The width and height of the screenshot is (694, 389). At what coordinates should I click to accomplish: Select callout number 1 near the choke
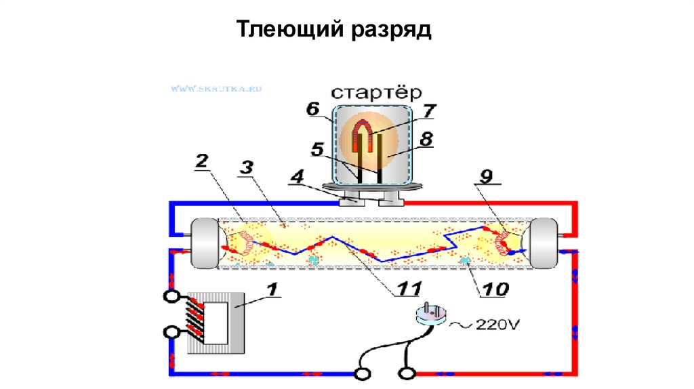272,290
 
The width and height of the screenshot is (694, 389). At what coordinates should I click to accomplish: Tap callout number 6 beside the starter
312,109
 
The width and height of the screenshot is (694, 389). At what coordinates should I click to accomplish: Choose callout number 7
430,110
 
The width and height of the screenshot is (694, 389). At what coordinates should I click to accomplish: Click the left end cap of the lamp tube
206,241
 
